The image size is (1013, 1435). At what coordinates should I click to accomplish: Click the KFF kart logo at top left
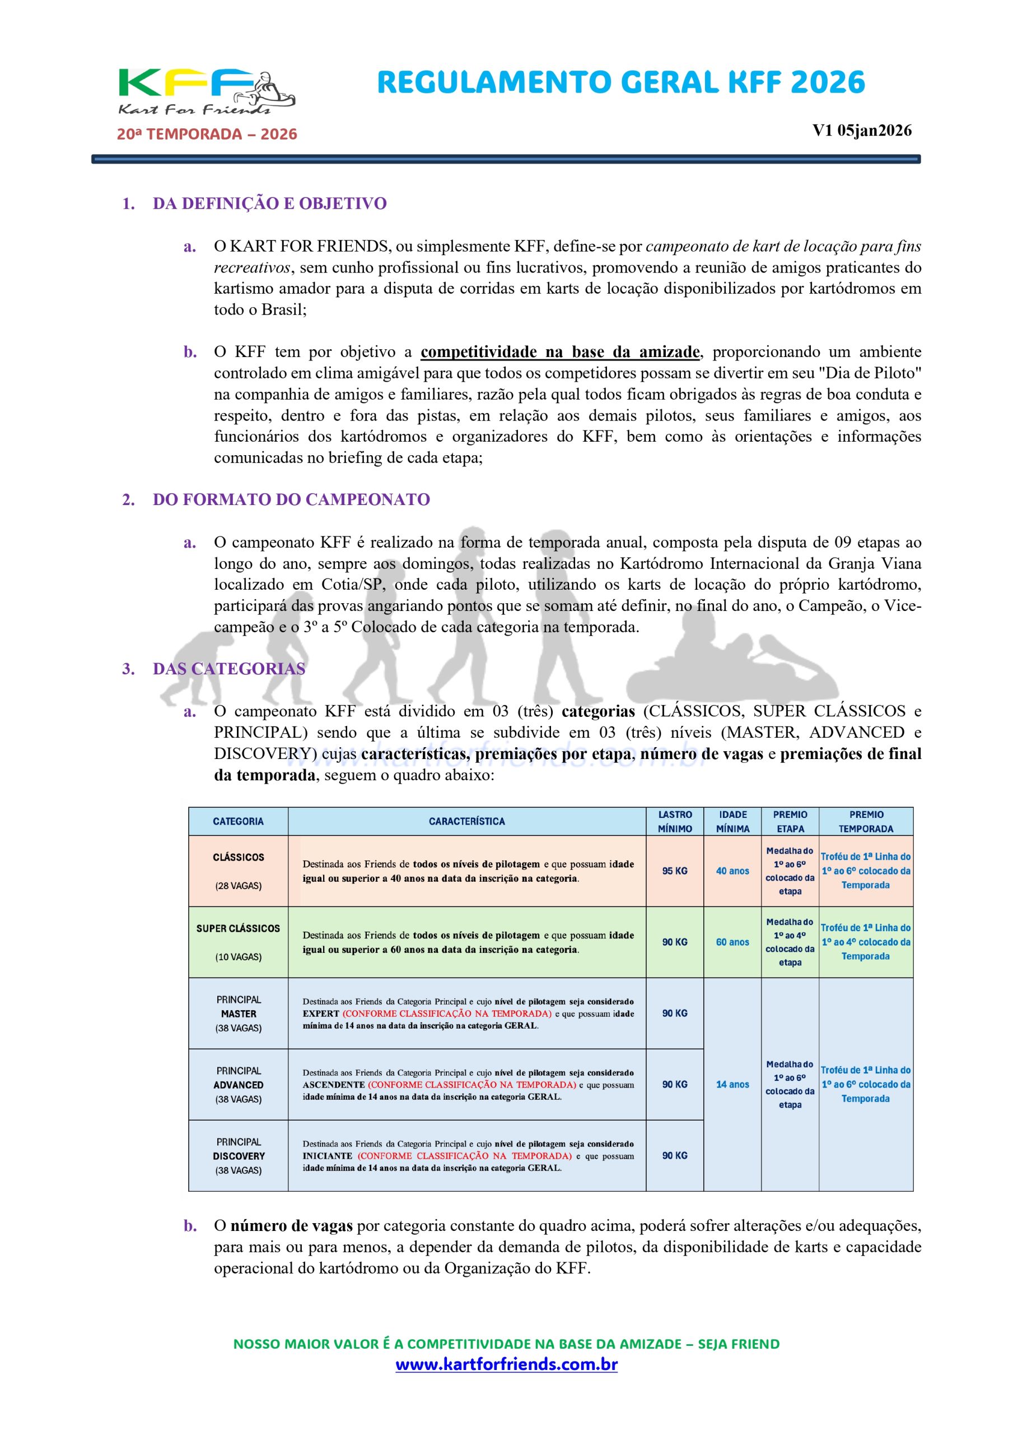[x=206, y=91]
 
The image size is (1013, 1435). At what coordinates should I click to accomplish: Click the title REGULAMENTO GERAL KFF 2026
[x=621, y=83]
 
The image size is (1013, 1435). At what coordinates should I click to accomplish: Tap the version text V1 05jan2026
[x=861, y=131]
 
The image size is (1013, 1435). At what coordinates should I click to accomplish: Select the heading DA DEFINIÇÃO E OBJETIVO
[x=269, y=203]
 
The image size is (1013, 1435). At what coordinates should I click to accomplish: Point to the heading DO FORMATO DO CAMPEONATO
[x=291, y=500]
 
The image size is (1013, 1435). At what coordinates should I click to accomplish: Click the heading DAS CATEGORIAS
[x=228, y=669]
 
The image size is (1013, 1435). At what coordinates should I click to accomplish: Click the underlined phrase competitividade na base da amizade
[x=559, y=352]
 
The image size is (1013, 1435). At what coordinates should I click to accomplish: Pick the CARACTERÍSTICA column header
[x=466, y=821]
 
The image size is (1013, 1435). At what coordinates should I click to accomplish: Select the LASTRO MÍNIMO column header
[x=675, y=821]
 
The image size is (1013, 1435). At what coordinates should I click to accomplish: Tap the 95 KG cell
[x=675, y=871]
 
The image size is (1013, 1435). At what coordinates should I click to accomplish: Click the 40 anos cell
[x=732, y=871]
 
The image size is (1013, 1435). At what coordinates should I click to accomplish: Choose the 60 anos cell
[x=732, y=942]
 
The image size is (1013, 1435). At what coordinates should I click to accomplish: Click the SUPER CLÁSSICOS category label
[x=238, y=929]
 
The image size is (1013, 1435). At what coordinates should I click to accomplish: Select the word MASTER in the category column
[x=238, y=1014]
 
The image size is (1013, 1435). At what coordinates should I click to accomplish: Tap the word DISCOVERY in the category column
[x=238, y=1156]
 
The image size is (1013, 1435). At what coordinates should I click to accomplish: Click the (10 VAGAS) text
[x=238, y=957]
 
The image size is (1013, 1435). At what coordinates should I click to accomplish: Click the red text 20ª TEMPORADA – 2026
[x=207, y=135]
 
